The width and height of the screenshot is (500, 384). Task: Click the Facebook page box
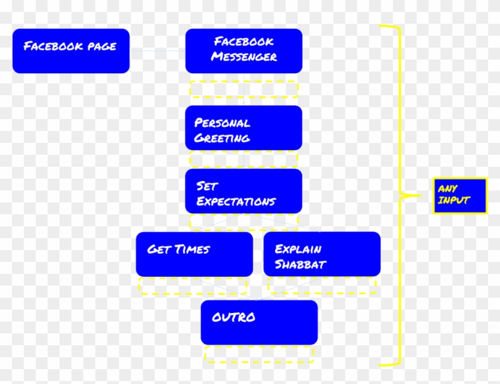tap(71, 51)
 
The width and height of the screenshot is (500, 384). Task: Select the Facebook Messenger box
tap(243, 51)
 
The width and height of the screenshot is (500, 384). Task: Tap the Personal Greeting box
tap(243, 128)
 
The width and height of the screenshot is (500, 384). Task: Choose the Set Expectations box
tap(243, 191)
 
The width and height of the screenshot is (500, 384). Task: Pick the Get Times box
tap(194, 254)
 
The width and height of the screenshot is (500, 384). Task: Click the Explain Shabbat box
tap(321, 254)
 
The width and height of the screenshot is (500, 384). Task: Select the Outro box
tap(259, 322)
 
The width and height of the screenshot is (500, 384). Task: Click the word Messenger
tap(244, 58)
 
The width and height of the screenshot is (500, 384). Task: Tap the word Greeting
tap(222, 139)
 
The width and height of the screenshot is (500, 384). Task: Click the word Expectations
tap(236, 202)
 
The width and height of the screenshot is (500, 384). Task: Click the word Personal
tap(222, 123)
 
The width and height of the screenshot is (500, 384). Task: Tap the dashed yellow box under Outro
tap(259, 354)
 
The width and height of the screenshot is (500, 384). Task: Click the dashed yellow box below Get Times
tap(192, 285)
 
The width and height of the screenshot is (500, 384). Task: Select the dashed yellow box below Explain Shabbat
tap(322, 285)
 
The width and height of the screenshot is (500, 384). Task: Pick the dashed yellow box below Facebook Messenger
tap(243, 89)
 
